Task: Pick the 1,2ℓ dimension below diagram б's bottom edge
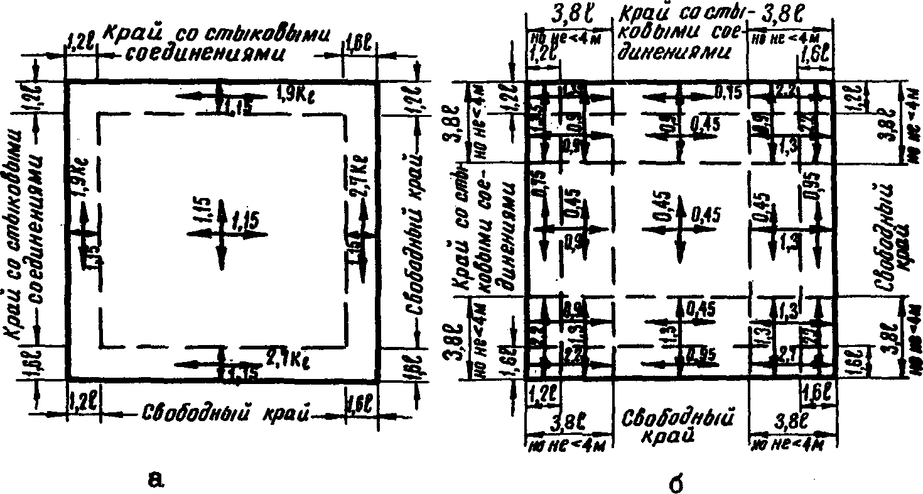point(541,395)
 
